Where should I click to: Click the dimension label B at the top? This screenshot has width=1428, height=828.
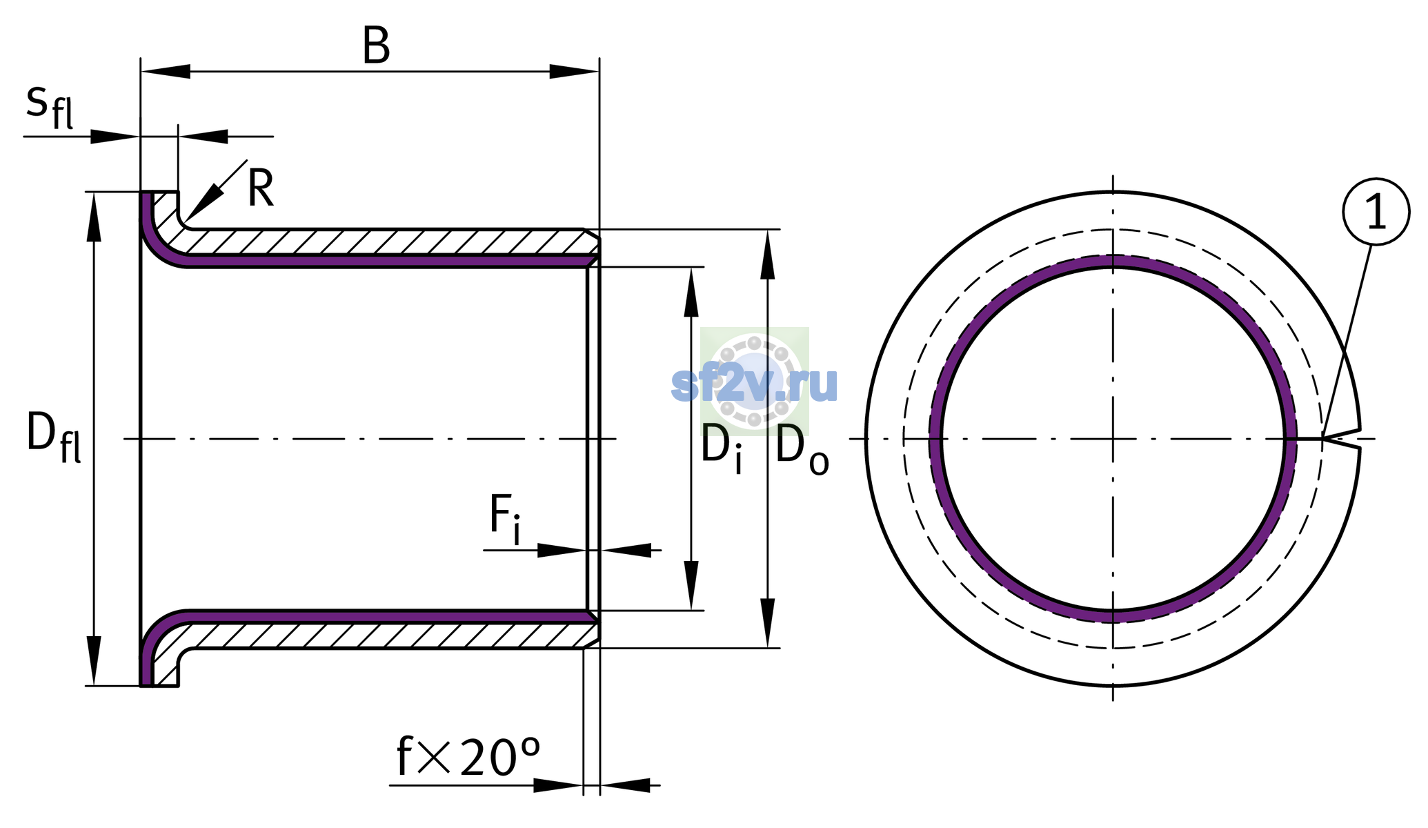pyautogui.click(x=376, y=46)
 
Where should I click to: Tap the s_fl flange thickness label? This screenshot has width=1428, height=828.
pyautogui.click(x=50, y=107)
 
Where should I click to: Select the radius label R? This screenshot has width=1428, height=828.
pyautogui.click(x=261, y=188)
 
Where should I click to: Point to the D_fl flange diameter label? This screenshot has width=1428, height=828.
pyautogui.click(x=54, y=437)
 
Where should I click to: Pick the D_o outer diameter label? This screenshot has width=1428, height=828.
pyautogui.click(x=802, y=451)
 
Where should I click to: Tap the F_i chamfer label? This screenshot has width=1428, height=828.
pyautogui.click(x=505, y=519)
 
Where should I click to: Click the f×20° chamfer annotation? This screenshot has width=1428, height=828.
pyautogui.click(x=468, y=757)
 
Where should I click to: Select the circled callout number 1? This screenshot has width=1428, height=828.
pyautogui.click(x=1376, y=211)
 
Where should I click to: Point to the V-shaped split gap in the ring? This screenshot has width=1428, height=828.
pyautogui.click(x=1342, y=439)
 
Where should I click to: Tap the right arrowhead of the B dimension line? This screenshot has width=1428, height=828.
pyautogui.click(x=574, y=71)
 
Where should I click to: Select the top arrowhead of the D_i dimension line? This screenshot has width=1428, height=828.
pyautogui.click(x=691, y=291)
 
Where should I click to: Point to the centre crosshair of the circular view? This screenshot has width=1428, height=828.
pyautogui.click(x=1113, y=439)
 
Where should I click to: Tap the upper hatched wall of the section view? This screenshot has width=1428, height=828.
pyautogui.click(x=383, y=241)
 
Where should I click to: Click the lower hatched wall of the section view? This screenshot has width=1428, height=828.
pyautogui.click(x=383, y=635)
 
